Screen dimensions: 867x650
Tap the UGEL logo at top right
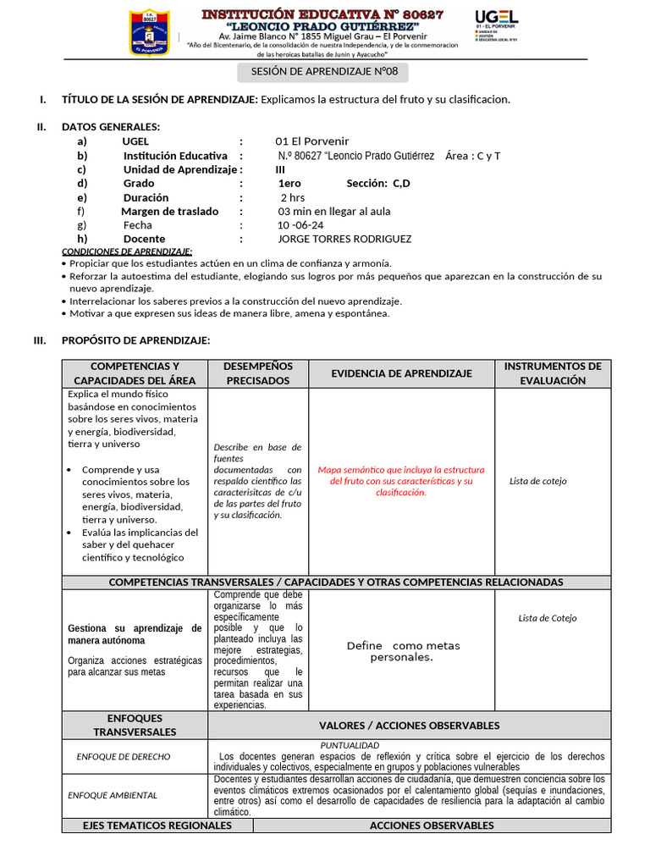(x=497, y=30)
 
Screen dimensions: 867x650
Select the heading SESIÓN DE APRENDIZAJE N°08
(x=324, y=72)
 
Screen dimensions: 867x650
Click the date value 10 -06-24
(x=300, y=225)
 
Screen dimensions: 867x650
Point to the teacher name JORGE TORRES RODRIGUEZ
(x=344, y=239)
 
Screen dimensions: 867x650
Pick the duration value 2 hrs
(x=292, y=197)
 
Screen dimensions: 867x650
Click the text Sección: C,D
(x=377, y=183)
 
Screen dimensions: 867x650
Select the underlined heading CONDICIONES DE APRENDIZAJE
(x=127, y=251)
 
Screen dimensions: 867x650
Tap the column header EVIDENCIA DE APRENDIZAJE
(x=401, y=373)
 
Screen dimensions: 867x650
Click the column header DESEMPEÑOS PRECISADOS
(x=258, y=373)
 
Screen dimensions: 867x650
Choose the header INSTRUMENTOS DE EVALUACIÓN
(x=553, y=373)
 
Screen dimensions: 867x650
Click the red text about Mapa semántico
(x=401, y=481)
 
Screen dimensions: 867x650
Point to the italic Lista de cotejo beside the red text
(x=538, y=481)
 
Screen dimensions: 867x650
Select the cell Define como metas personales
(x=403, y=651)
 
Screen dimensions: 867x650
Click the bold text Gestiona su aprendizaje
(x=135, y=634)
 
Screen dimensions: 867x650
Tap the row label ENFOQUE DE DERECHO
(x=123, y=757)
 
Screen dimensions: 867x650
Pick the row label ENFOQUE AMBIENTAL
(x=113, y=795)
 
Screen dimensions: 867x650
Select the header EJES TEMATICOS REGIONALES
(x=157, y=825)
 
